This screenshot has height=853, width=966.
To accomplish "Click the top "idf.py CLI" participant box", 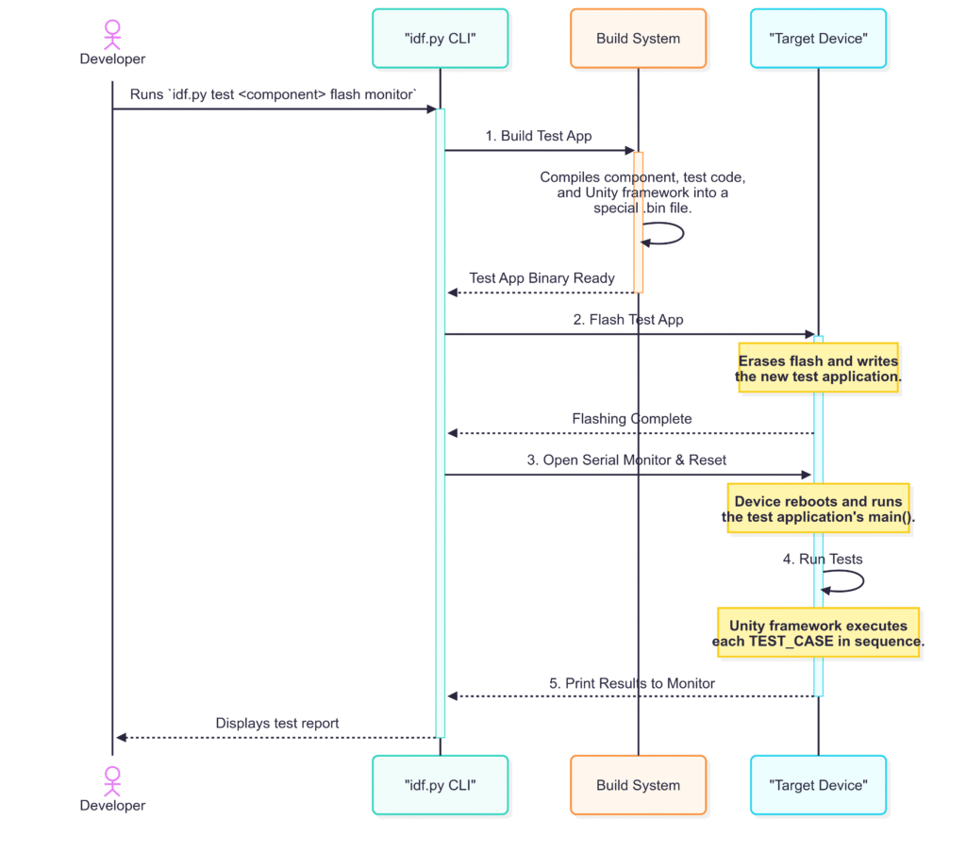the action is (x=440, y=38).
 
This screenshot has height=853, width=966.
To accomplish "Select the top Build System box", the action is (x=638, y=38).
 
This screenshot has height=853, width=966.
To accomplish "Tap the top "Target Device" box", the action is (x=818, y=38).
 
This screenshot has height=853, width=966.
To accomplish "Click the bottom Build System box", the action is (x=638, y=784).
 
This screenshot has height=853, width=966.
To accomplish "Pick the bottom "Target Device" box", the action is (x=818, y=784).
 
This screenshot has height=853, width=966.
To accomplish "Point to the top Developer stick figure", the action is (x=112, y=35).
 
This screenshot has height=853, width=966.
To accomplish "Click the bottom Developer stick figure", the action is (x=112, y=781).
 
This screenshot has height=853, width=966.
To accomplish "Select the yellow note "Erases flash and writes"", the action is (x=818, y=368).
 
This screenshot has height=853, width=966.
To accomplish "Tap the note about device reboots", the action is (x=818, y=509).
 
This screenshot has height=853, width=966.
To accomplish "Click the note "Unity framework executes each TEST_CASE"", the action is (x=818, y=633).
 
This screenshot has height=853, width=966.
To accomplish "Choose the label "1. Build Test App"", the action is (x=539, y=136).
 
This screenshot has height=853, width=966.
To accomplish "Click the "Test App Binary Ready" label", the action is (x=541, y=278).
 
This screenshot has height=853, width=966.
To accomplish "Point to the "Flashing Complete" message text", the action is (x=631, y=419).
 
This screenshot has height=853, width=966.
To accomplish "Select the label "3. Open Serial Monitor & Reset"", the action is (x=626, y=460).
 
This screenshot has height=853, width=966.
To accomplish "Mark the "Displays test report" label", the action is (x=276, y=723).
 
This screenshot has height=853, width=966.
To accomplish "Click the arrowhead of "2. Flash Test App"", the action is (x=809, y=334).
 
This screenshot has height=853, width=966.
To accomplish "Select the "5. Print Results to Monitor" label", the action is (x=631, y=683).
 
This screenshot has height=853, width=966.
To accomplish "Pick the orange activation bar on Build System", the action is (x=639, y=222).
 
